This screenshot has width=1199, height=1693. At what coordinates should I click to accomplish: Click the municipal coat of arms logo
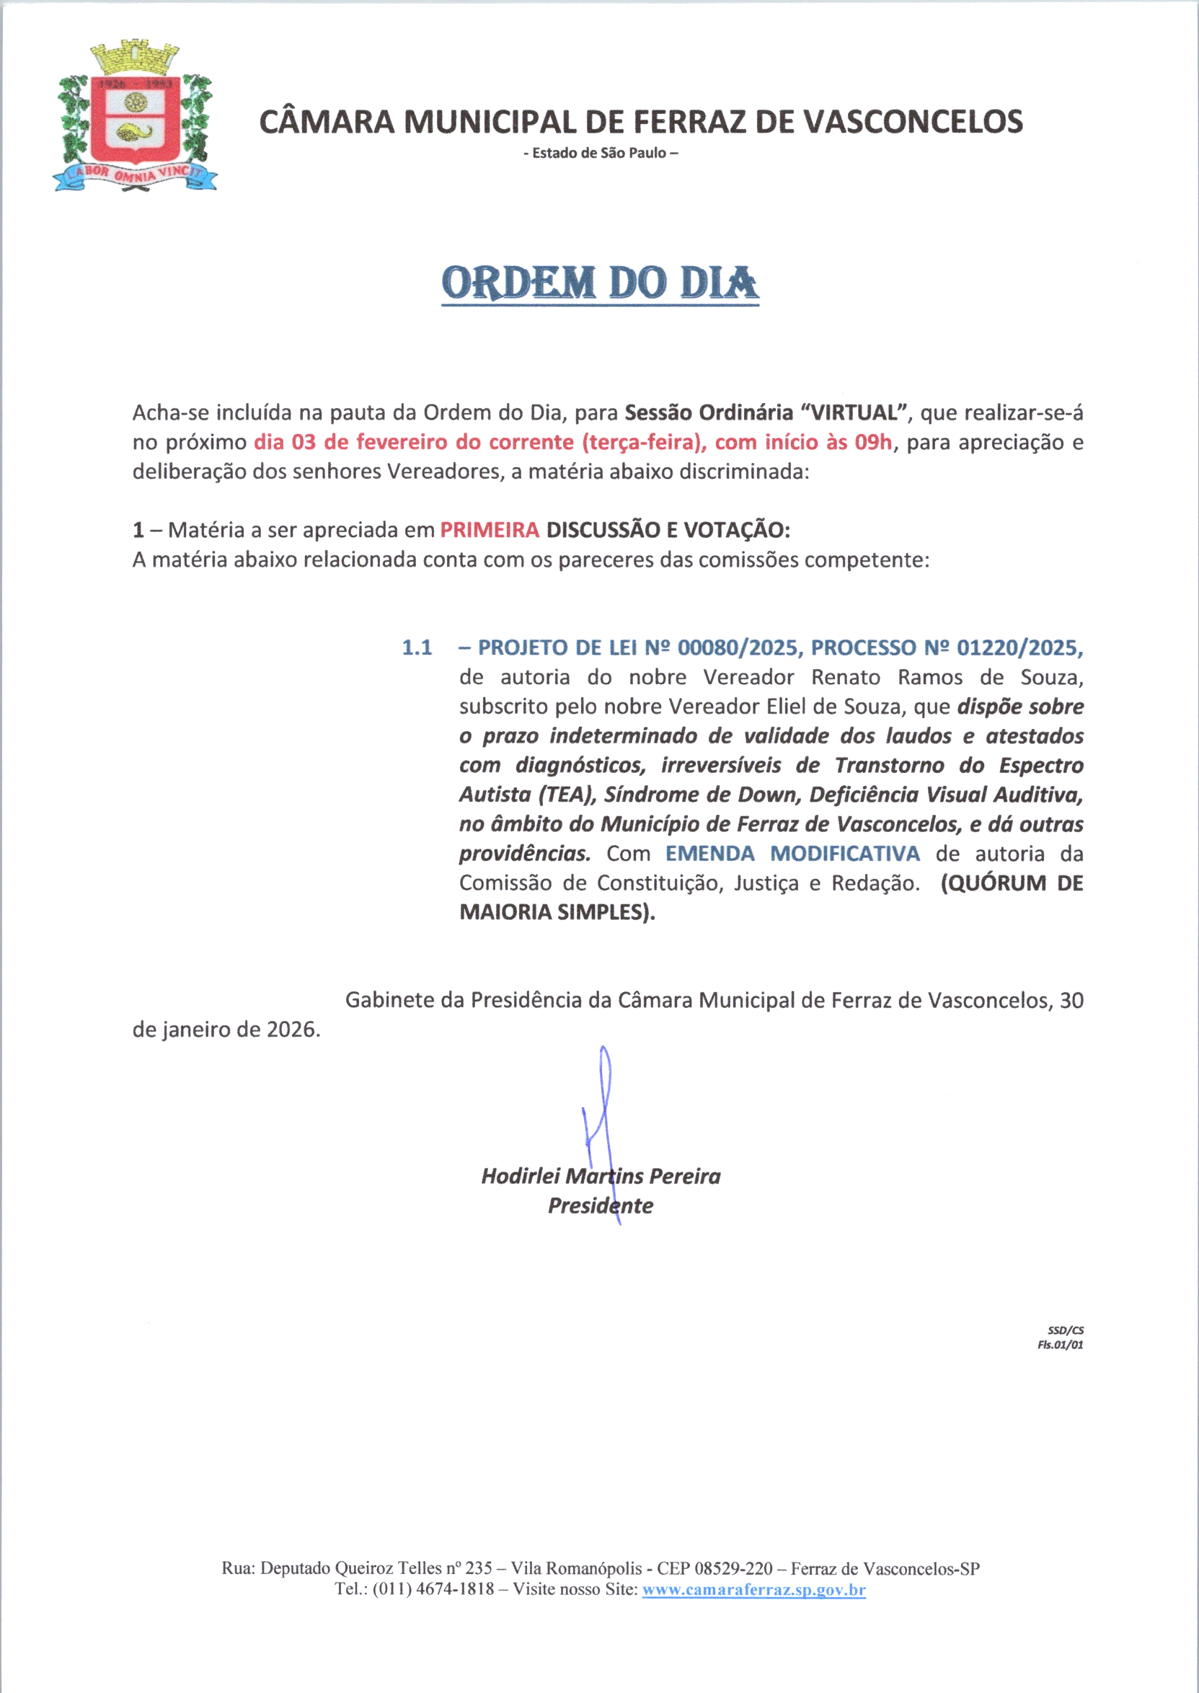tap(135, 118)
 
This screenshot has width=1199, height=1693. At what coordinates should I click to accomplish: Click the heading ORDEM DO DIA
tap(601, 283)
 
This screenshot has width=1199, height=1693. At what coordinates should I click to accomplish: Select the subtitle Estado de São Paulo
tap(601, 154)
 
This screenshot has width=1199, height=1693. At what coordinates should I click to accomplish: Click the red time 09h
tap(873, 442)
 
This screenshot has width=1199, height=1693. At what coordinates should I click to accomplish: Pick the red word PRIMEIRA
tap(490, 530)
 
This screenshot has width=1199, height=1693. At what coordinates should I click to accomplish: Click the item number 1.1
tap(417, 647)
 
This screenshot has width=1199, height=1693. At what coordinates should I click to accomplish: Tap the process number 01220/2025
tap(1019, 647)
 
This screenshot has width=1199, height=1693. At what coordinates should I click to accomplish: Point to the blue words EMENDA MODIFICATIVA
tap(792, 854)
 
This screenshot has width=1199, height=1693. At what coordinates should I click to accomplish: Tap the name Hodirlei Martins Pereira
tap(601, 1176)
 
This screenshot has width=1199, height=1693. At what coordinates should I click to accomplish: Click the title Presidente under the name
tap(601, 1206)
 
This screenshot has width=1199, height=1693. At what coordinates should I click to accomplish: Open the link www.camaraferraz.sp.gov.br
tap(754, 1590)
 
